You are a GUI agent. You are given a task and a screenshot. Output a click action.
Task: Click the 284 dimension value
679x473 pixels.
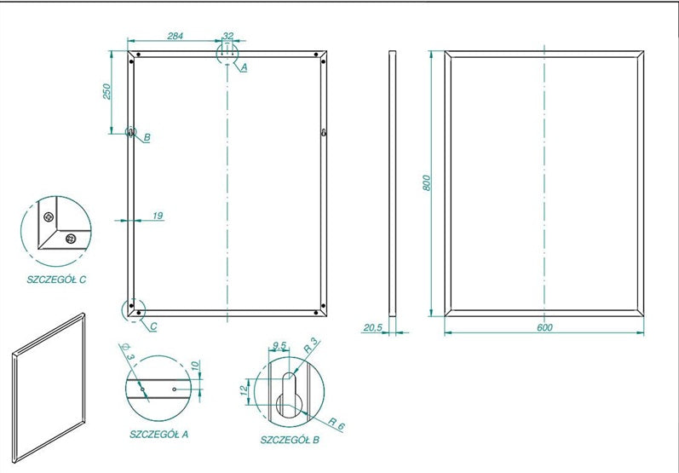pyautogui.click(x=175, y=36)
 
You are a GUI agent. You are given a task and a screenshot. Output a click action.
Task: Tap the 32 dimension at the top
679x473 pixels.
pyautogui.click(x=227, y=36)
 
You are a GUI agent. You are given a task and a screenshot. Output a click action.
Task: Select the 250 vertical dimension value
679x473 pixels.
pyautogui.click(x=107, y=91)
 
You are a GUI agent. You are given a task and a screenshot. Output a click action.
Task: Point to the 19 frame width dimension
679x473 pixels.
pyautogui.click(x=158, y=216)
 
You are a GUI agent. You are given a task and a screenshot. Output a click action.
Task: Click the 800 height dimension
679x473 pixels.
pyautogui.click(x=427, y=182)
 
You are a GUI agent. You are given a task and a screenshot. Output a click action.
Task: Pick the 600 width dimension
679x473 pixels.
pyautogui.click(x=544, y=327)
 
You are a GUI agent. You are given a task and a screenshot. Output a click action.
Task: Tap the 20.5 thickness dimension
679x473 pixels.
pyautogui.click(x=372, y=327)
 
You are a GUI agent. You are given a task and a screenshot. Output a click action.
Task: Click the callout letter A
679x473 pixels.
pyautogui.click(x=244, y=67)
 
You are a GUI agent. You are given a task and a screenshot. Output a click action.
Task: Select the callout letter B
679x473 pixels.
pyautogui.click(x=147, y=138)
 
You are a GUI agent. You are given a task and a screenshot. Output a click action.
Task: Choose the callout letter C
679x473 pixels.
pyautogui.click(x=153, y=326)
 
